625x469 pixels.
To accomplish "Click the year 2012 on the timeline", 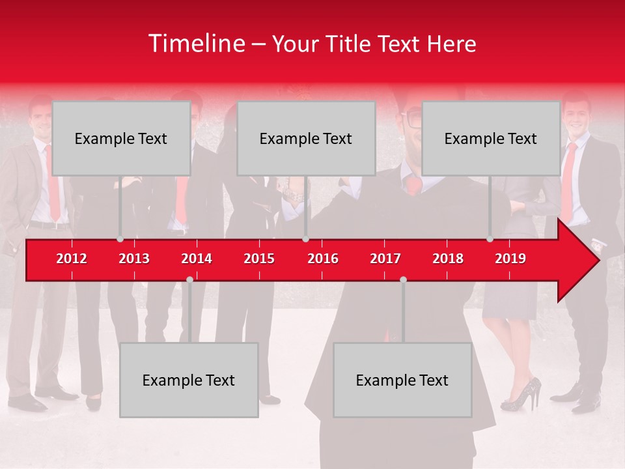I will (x=72, y=259).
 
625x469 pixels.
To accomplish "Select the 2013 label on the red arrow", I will (x=134, y=259).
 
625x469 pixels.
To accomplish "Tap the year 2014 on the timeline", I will (x=197, y=259).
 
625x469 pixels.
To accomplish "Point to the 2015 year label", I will (x=259, y=259).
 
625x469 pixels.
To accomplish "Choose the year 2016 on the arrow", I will (x=323, y=259).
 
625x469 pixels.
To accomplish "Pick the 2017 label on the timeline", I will (x=385, y=259).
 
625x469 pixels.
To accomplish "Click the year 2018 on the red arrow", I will (x=448, y=259).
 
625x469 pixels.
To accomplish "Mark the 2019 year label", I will (x=510, y=259).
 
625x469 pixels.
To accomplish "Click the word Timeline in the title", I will (x=195, y=44).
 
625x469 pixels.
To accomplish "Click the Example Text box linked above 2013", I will (x=121, y=138).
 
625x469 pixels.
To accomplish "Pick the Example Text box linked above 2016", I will (x=306, y=138).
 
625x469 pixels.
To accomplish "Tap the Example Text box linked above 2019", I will (x=491, y=138).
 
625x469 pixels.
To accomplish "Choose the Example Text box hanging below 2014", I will (x=189, y=380).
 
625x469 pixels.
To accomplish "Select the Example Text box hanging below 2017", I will (x=402, y=380).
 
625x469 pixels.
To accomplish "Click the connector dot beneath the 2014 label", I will (x=189, y=279).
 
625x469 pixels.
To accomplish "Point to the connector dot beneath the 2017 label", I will (x=403, y=279).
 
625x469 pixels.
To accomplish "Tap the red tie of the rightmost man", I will (x=568, y=182).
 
